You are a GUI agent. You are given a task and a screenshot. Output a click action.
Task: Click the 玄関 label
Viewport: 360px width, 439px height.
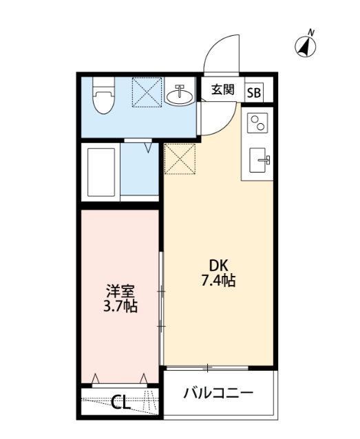pyautogui.click(x=222, y=89)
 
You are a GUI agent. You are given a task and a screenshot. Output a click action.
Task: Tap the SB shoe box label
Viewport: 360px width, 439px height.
pyautogui.click(x=253, y=92)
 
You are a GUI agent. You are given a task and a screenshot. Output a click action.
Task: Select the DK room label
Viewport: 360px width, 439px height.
pyautogui.click(x=219, y=266)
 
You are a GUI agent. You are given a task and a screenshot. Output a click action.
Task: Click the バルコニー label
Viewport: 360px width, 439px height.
pyautogui.click(x=220, y=394)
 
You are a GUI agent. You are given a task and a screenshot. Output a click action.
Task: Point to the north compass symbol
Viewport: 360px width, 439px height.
pyautogui.click(x=304, y=46)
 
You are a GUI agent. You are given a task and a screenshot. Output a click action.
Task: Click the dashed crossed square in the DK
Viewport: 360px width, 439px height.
pyautogui.click(x=180, y=159)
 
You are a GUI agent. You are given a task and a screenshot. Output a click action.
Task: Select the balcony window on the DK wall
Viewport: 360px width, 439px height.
pyautogui.click(x=207, y=367)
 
